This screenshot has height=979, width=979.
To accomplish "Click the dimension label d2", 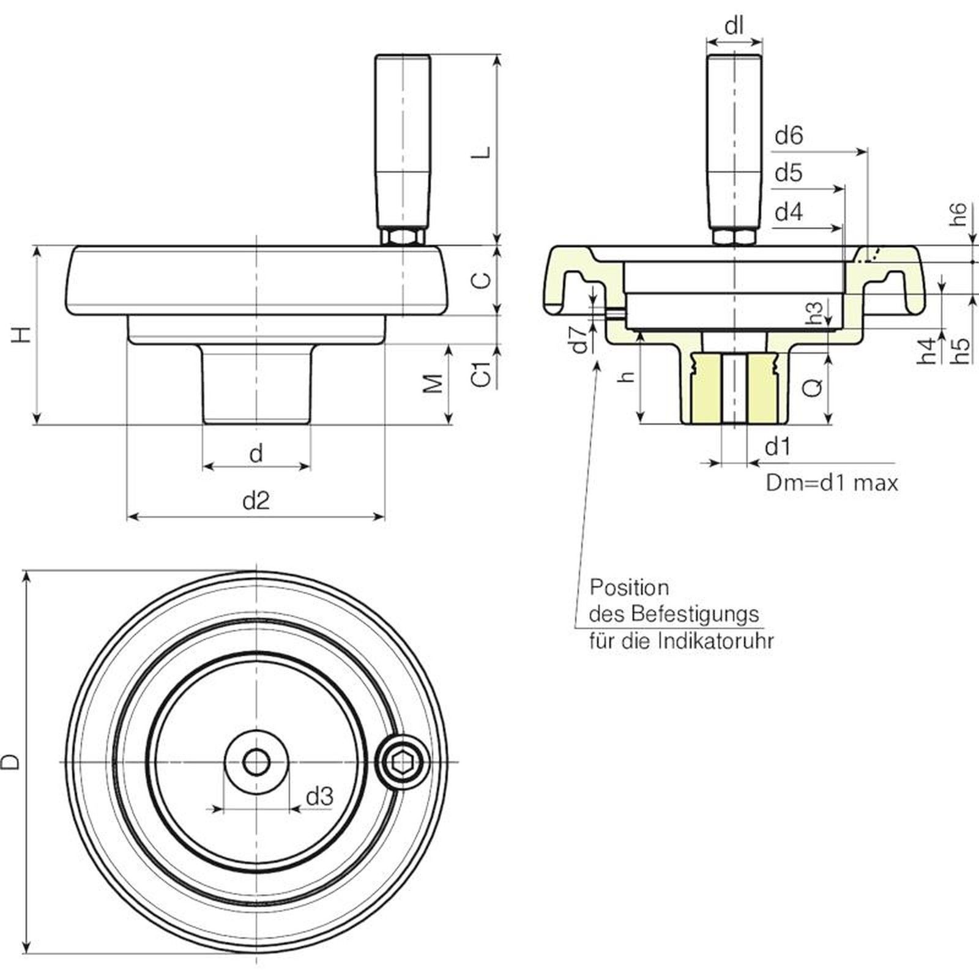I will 256,501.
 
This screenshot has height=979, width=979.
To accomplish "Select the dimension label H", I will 22,335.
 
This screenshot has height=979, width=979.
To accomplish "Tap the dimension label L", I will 483,152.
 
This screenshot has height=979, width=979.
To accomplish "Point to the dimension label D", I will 12,762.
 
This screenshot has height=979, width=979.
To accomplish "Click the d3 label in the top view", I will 319,797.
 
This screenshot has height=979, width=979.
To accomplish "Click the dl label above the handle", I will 734,27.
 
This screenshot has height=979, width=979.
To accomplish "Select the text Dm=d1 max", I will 832,483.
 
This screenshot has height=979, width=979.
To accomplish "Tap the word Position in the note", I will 629,587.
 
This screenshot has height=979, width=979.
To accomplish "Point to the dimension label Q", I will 813,387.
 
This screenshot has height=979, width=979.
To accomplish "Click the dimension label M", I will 433,383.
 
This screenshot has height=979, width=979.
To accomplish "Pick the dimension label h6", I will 959,214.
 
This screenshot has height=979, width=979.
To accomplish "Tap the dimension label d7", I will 579,340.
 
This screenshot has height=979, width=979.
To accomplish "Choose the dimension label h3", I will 816,312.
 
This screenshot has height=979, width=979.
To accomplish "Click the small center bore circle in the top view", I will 256,762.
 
